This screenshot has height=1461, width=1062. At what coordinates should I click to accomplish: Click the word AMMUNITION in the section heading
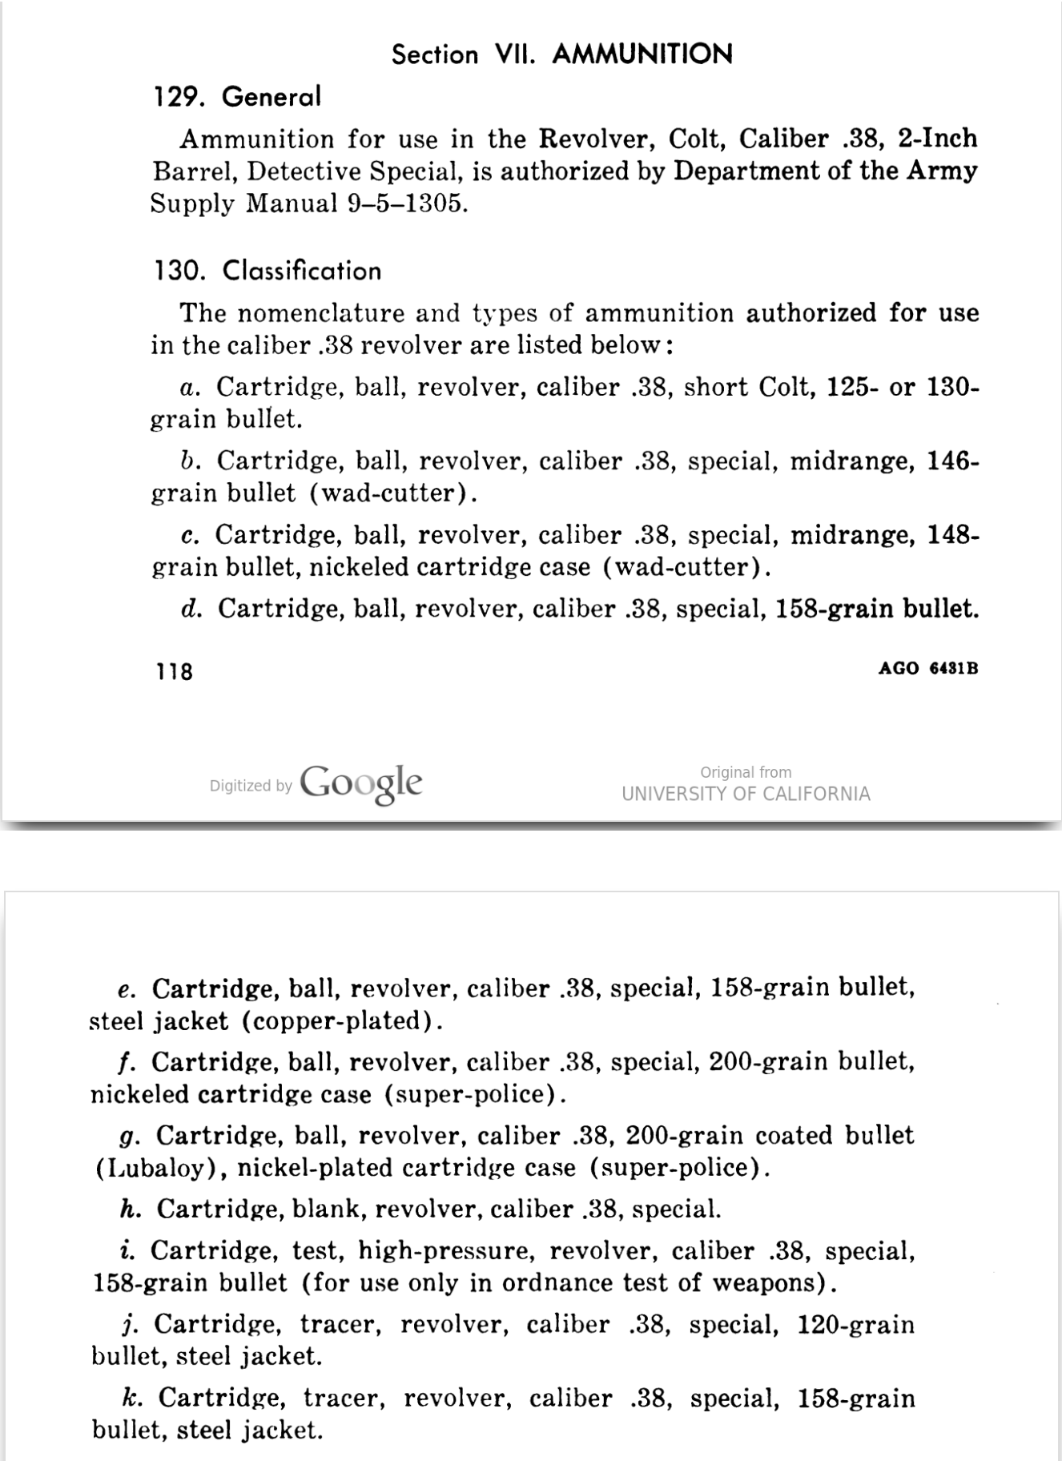point(642,54)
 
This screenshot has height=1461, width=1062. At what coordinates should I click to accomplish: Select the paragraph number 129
point(176,97)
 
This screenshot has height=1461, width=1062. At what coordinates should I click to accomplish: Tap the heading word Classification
point(302,271)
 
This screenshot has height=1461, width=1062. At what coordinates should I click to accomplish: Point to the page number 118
point(174,671)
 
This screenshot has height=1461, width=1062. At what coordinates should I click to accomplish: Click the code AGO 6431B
point(927,668)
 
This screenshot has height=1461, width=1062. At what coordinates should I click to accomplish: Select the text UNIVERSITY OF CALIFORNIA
point(746,794)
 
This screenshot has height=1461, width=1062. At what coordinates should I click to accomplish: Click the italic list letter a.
point(189,388)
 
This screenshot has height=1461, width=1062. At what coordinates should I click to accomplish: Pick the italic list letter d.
point(191,610)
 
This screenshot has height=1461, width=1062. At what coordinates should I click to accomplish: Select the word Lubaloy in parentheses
point(154,1169)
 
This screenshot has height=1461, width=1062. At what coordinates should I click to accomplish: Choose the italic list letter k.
point(132,1399)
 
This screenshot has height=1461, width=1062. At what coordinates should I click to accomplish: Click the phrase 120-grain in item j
point(855,1325)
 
